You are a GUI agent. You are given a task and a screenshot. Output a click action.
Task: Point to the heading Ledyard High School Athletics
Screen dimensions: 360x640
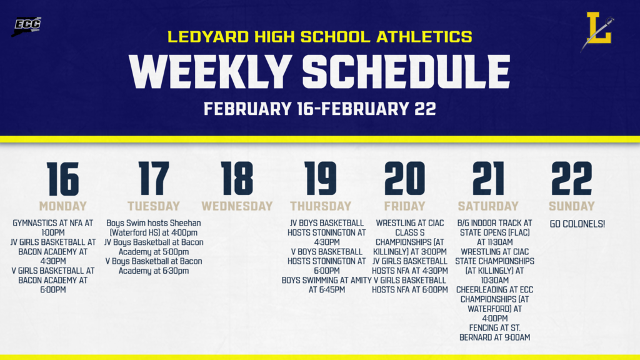pos(319,37)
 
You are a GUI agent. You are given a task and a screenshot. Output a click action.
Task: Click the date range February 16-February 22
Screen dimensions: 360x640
pos(319,109)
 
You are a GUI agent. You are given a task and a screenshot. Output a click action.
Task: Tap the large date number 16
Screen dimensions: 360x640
pos(62,179)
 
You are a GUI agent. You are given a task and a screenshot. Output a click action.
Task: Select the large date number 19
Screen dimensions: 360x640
pos(320,179)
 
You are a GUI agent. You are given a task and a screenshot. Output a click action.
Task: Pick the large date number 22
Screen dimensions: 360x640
pos(571,179)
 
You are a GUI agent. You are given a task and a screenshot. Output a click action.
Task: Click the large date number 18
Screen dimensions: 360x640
pos(237,179)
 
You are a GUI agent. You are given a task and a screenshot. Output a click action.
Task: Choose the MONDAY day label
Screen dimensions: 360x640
pos(62,206)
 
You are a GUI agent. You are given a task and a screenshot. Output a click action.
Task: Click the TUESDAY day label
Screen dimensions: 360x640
pos(154,206)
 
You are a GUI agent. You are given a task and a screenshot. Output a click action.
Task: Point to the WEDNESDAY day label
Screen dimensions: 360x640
pos(237,206)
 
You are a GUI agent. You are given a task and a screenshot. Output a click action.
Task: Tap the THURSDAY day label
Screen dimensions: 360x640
pos(321,206)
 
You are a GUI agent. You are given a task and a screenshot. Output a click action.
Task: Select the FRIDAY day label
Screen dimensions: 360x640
pos(404,206)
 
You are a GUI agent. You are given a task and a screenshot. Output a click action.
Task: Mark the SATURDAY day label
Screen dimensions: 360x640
pos(488,206)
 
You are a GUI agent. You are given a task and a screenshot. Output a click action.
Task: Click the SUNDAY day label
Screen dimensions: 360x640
pos(571,206)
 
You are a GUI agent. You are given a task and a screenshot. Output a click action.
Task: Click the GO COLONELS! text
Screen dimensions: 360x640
pos(577,223)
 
